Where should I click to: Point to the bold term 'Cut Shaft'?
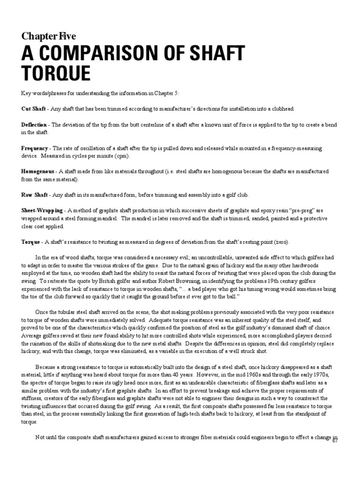33,109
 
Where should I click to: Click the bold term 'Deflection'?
34,125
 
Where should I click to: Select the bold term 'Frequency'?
35,148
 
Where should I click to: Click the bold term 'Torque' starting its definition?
30,242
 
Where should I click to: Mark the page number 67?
335,442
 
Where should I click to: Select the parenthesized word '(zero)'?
282,242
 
